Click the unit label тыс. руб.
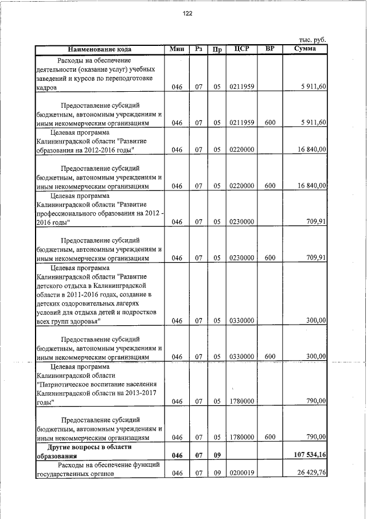pos(313,40)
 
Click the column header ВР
pos(271,49)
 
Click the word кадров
pos(46,88)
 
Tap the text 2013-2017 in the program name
pos(140,393)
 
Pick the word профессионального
pos(73,213)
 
